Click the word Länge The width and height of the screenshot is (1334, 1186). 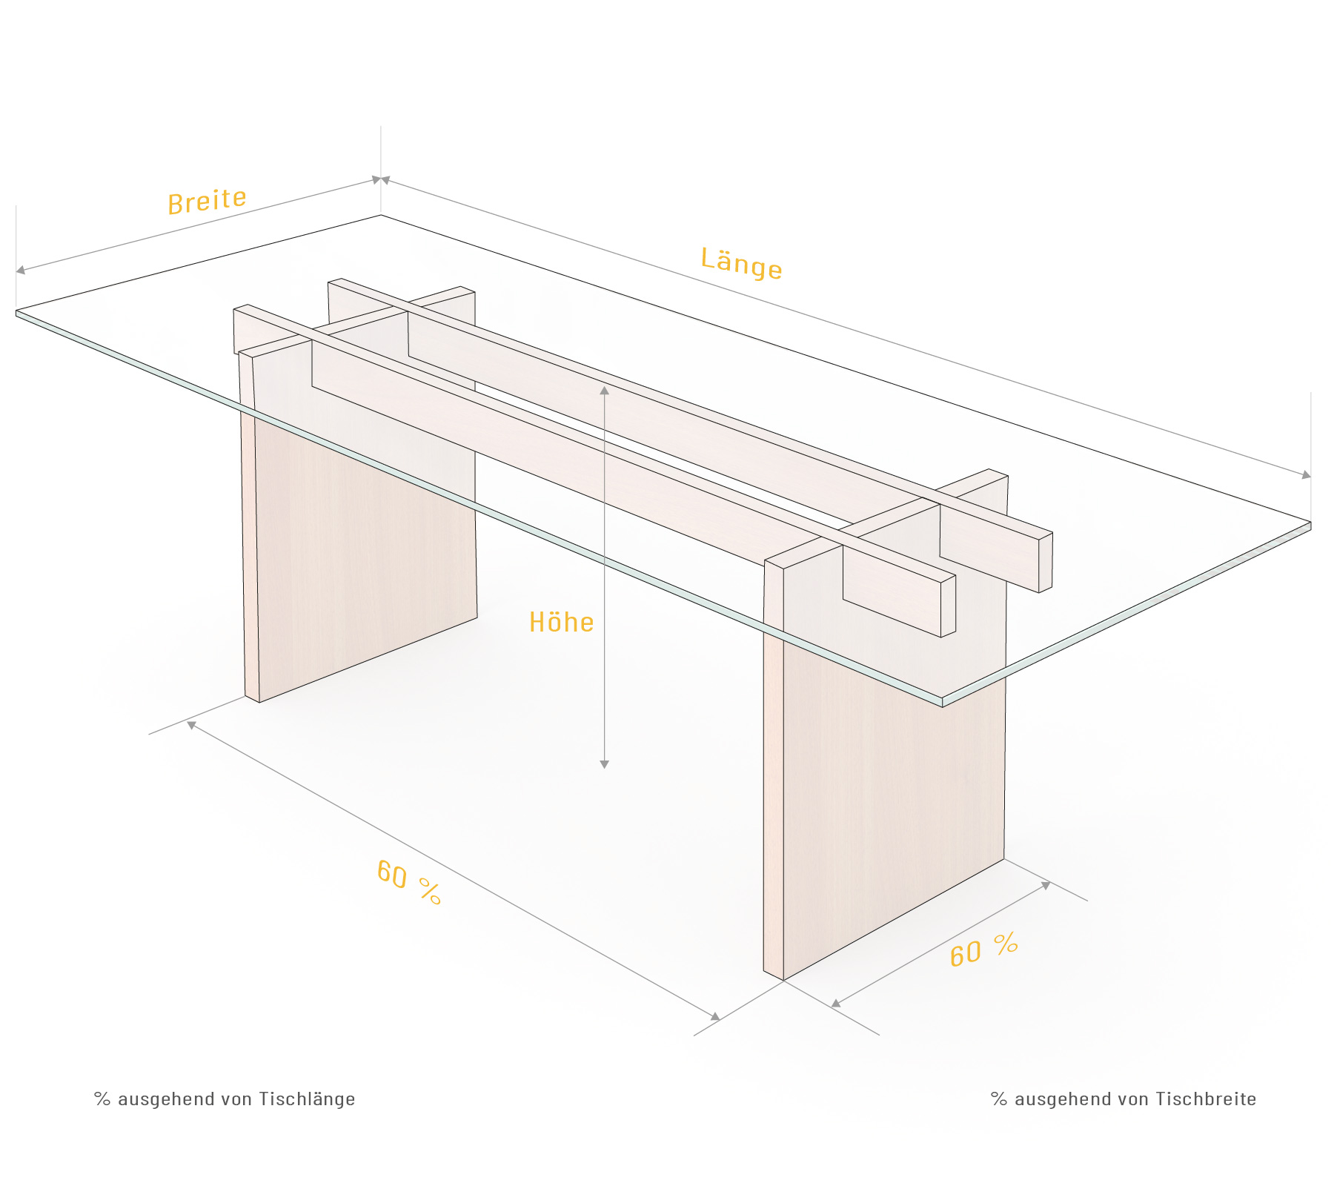[x=741, y=263]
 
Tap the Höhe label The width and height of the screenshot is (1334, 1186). [x=561, y=622]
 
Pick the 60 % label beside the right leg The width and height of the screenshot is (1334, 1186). [x=984, y=950]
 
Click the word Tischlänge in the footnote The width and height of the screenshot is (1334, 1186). [x=307, y=1099]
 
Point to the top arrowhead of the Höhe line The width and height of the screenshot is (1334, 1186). [x=605, y=390]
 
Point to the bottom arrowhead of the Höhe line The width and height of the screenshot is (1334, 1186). [x=605, y=764]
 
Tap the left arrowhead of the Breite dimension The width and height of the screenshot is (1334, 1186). [x=20, y=270]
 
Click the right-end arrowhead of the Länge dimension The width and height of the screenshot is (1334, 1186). [x=1306, y=474]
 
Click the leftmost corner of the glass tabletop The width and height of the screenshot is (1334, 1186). [x=16, y=311]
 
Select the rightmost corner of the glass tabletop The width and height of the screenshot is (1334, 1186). [x=1310, y=523]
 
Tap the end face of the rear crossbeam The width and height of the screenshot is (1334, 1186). [x=1045, y=562]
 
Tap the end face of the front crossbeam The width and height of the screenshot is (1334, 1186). [x=948, y=606]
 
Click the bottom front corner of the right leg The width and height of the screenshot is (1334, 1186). [x=783, y=980]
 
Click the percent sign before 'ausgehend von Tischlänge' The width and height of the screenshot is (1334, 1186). [x=102, y=1099]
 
